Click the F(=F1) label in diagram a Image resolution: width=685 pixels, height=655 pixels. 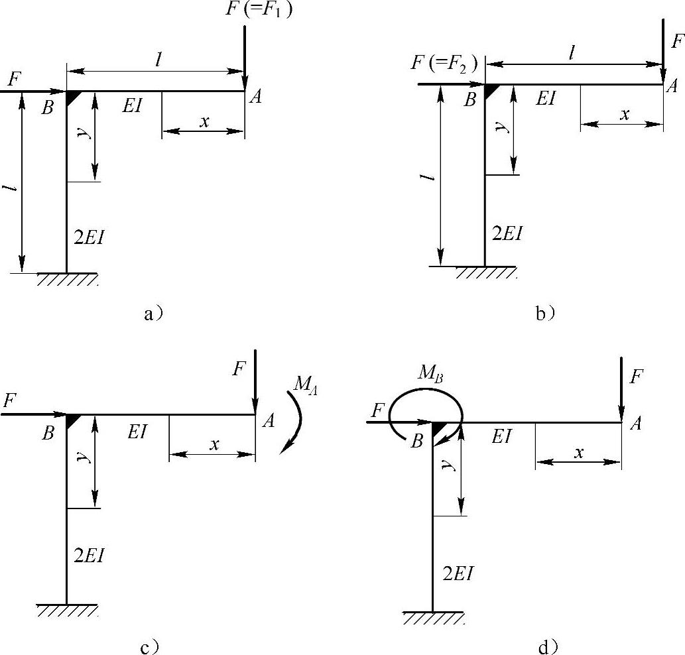[259, 9]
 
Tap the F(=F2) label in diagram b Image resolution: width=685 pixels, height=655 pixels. [444, 64]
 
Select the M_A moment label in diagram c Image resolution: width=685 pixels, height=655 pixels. [306, 385]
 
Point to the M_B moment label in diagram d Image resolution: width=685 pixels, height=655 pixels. [431, 374]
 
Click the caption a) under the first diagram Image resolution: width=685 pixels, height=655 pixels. [153, 314]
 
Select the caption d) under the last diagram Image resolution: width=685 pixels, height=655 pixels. [548, 647]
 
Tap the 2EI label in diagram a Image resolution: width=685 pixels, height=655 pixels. [89, 237]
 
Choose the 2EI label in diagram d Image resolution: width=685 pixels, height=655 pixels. [458, 573]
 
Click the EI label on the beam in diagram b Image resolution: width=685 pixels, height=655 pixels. [546, 99]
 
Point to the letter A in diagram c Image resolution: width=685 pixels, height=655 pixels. [269, 421]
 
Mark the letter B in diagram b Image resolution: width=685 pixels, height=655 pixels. [470, 100]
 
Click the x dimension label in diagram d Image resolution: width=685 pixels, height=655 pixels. [579, 453]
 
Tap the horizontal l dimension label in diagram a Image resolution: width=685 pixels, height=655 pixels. [158, 60]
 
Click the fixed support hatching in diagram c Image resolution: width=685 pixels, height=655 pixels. [67, 610]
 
